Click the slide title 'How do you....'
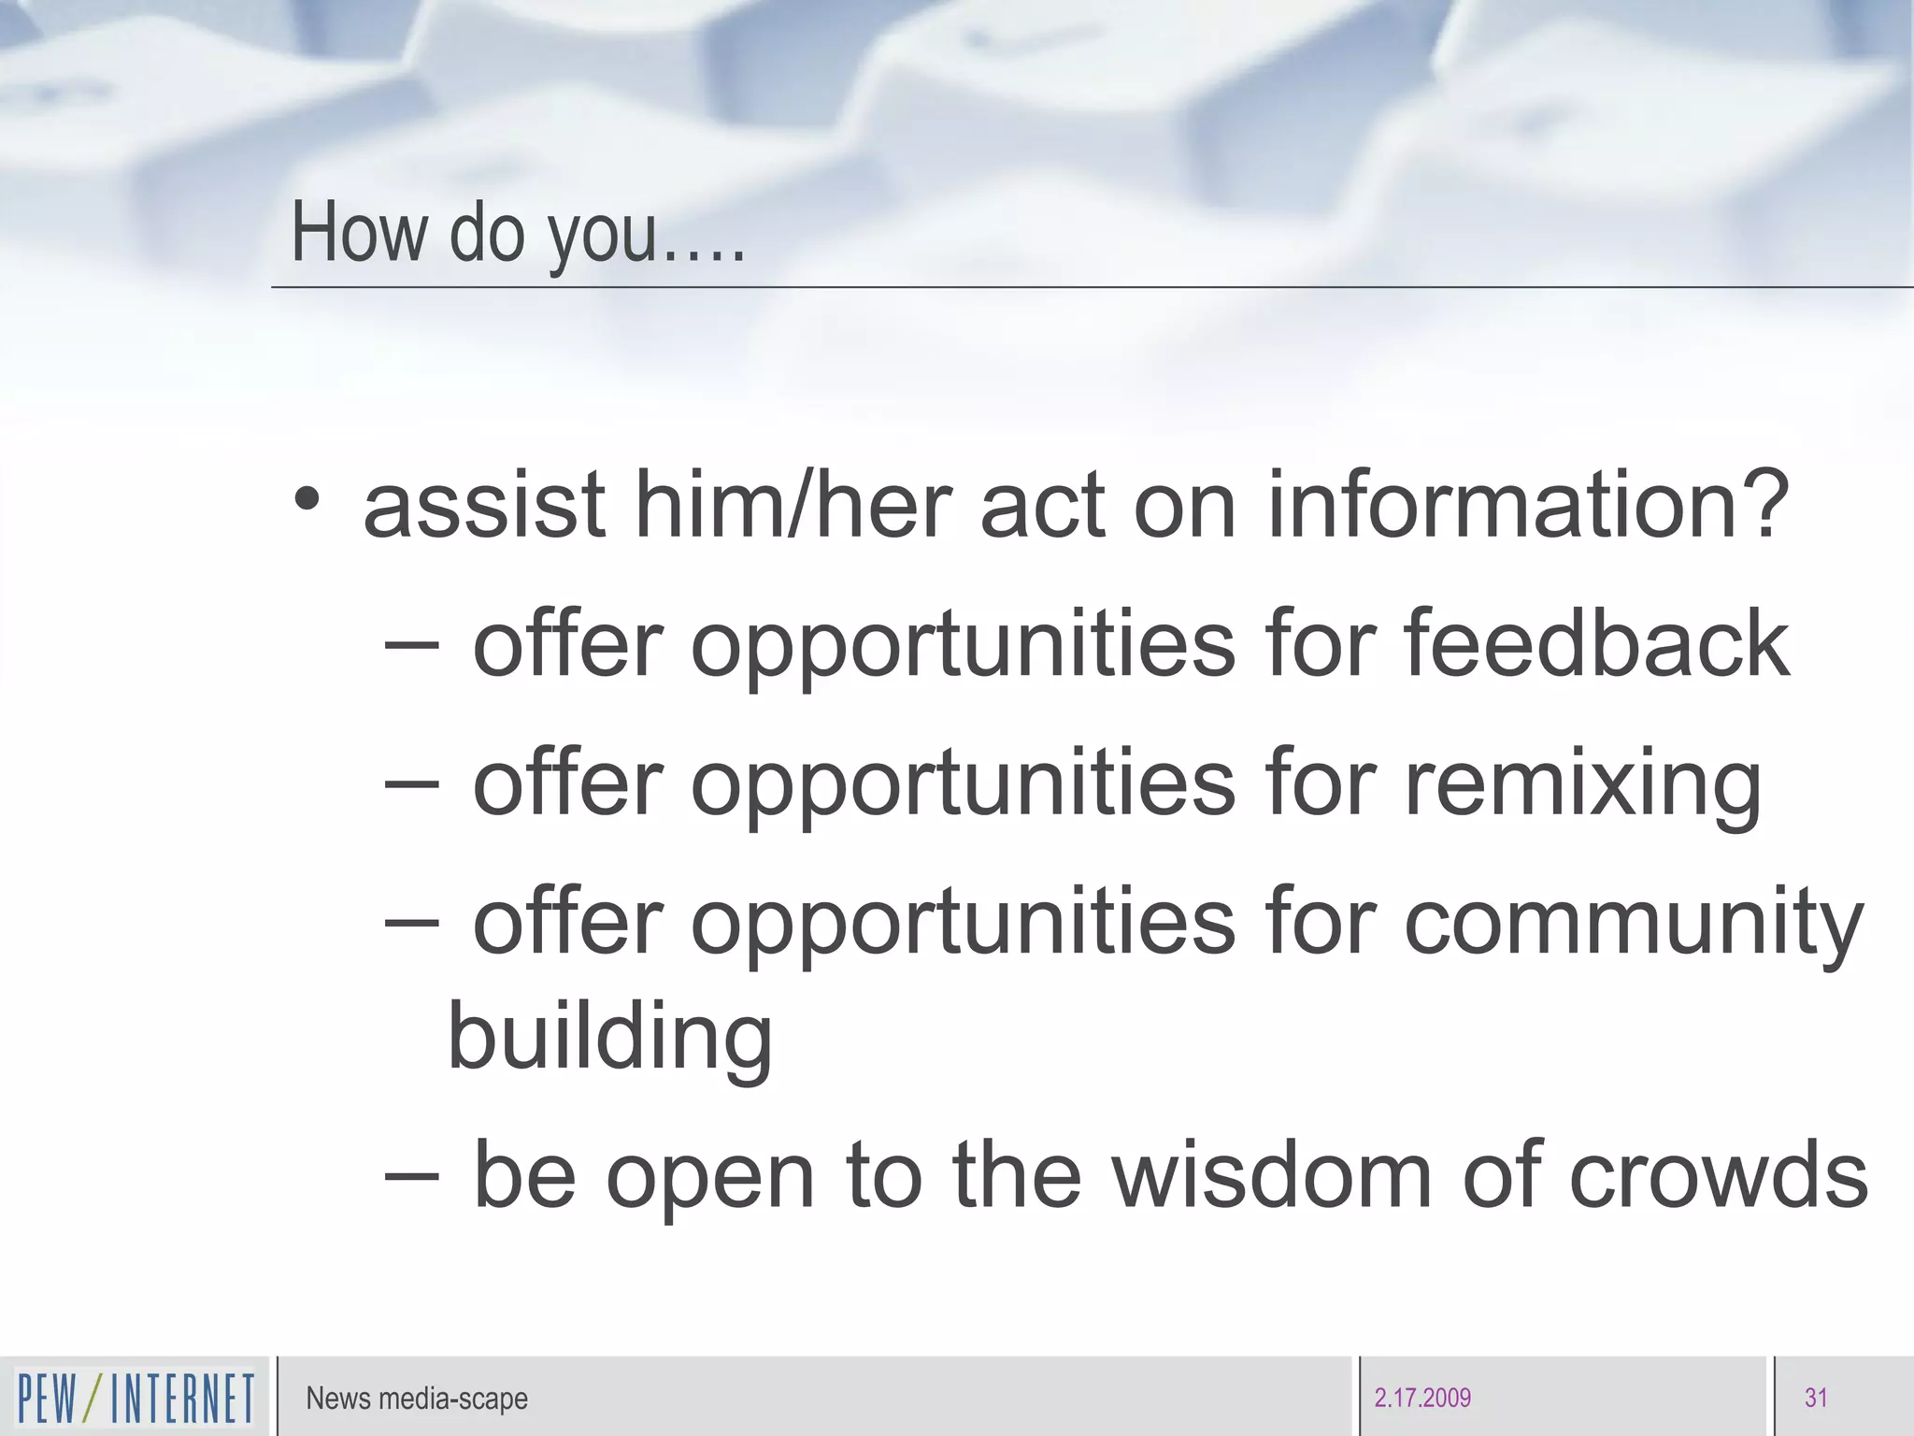tap(519, 234)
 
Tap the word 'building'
tap(610, 1038)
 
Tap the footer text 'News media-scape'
tap(417, 1399)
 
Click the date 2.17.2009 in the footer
tap(1422, 1399)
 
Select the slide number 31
tap(1816, 1399)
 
